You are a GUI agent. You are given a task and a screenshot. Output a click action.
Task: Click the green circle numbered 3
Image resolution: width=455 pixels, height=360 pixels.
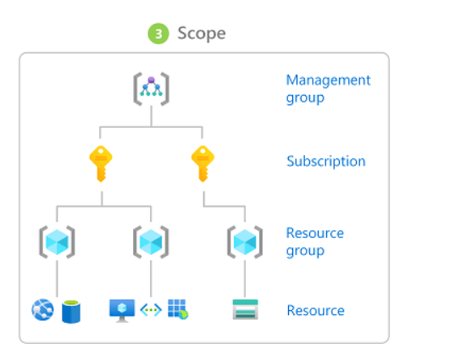[158, 34]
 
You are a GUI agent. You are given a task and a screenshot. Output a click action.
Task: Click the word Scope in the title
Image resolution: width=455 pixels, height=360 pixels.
[202, 33]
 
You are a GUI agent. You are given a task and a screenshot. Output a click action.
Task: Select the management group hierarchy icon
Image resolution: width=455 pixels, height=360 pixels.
[151, 89]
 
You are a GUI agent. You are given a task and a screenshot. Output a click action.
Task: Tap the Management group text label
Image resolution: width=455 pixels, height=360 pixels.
[328, 89]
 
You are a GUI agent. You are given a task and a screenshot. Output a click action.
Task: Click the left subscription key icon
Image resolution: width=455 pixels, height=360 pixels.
[101, 163]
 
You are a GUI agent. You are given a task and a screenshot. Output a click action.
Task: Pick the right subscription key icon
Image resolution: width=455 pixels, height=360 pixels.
[203, 163]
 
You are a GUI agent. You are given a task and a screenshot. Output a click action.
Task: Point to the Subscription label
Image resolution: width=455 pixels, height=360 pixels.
[326, 161]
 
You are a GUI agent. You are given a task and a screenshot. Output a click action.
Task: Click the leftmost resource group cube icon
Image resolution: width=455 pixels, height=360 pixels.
[57, 242]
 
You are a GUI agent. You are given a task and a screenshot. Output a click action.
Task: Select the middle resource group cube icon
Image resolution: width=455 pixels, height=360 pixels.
[151, 242]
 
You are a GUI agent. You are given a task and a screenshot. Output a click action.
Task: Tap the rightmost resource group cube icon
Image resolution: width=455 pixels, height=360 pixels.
[245, 242]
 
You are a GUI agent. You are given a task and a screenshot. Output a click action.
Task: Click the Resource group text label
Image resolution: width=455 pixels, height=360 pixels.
[315, 241]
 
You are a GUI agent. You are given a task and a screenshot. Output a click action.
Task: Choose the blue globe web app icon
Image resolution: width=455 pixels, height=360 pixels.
[42, 310]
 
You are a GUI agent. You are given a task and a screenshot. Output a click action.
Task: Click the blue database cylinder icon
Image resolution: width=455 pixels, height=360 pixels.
[71, 312]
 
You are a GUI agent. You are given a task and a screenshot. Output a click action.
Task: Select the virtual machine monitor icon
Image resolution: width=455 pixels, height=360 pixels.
[122, 311]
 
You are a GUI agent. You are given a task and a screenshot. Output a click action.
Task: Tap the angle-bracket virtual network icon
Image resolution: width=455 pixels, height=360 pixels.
[151, 310]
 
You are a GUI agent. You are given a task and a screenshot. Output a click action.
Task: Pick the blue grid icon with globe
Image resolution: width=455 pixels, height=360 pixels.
[178, 309]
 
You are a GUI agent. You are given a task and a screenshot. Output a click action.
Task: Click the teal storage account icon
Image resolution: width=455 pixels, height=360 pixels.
[245, 309]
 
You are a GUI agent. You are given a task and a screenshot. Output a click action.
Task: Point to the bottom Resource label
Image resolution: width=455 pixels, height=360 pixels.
[315, 310]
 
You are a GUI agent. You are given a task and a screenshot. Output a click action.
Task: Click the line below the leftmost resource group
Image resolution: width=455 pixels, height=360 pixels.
[57, 279]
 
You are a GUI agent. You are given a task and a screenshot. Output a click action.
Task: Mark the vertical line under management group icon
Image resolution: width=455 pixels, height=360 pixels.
[151, 116]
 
